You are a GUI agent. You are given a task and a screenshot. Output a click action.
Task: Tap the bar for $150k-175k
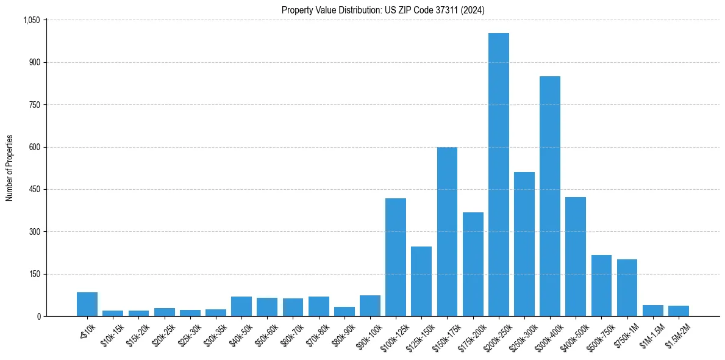click(447, 232)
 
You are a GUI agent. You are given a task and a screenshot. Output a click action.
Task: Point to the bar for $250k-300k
click(524, 244)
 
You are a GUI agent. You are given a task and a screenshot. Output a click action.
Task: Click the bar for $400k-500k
click(576, 257)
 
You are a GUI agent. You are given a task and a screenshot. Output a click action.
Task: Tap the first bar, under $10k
click(87, 304)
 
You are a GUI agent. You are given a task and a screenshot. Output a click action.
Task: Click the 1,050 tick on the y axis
click(31, 20)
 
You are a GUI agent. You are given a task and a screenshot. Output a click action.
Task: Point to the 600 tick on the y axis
click(34, 147)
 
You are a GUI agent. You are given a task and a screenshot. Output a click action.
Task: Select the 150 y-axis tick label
click(34, 274)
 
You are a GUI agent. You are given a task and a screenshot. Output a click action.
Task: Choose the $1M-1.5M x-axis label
click(650, 334)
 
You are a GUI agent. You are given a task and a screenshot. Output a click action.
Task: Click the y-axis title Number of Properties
click(9, 168)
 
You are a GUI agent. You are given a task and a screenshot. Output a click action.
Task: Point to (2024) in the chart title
click(474, 10)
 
